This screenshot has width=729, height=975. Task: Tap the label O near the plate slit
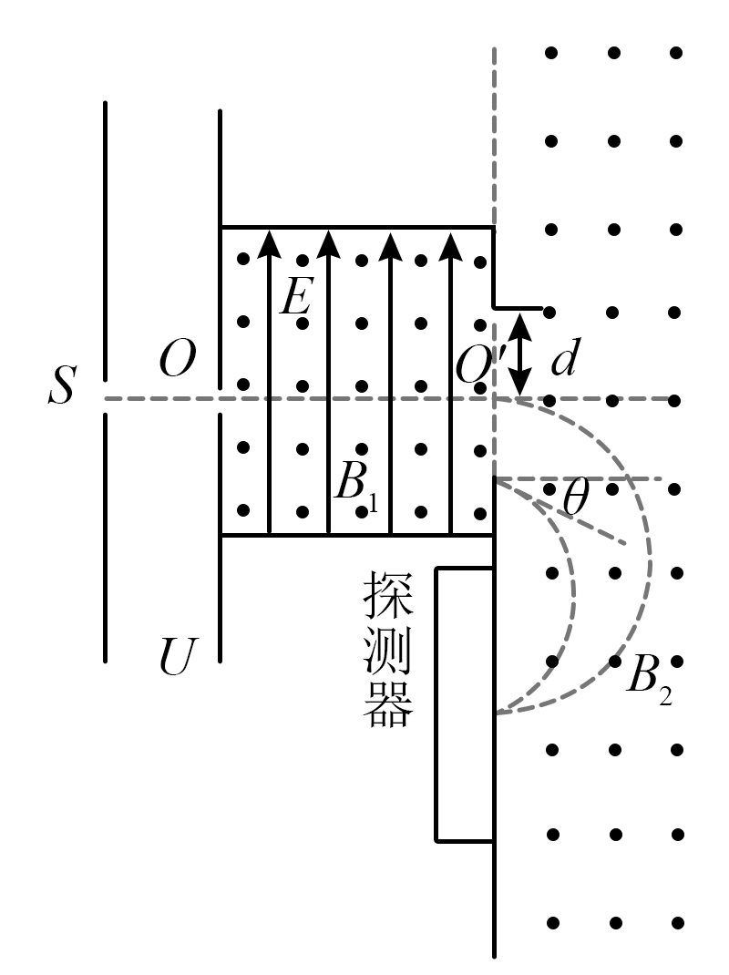pos(177,362)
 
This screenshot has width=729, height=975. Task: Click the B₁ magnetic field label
pos(356,485)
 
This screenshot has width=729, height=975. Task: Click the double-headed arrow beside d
pos(520,354)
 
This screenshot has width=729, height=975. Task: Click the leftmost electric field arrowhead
pos(268,241)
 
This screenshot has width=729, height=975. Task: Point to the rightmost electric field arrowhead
pos(447,241)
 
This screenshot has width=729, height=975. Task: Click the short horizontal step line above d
pos(518,308)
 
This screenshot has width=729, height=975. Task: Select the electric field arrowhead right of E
pos(328,241)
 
